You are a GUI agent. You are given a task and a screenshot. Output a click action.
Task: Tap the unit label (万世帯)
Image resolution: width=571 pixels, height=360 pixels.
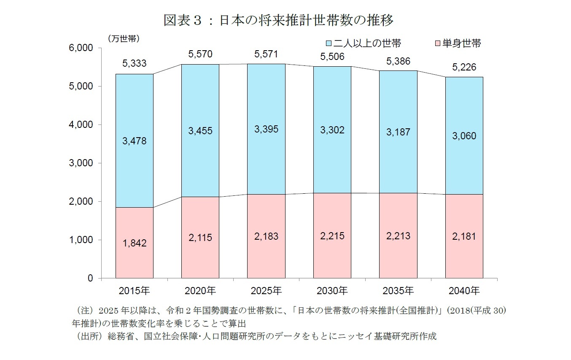pos(124,38)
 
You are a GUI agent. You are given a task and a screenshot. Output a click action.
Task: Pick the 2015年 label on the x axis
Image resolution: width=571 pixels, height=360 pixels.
pos(135,291)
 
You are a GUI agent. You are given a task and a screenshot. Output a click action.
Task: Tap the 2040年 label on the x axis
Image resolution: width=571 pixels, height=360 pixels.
pos(464,291)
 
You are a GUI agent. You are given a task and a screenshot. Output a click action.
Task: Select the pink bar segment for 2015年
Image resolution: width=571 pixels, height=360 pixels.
pos(135,262)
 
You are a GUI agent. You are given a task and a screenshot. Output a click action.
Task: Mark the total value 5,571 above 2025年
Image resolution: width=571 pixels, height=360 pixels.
pos(266,54)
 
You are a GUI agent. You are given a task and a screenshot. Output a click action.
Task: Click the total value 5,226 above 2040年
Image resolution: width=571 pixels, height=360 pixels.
pos(464,67)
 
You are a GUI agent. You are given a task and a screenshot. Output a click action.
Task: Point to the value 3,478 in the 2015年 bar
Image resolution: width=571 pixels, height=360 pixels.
pos(135,141)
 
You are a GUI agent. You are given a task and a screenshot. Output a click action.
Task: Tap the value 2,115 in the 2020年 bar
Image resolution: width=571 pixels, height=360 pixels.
pos(200,238)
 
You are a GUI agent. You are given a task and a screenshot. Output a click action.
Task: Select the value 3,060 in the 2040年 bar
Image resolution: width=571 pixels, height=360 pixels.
pos(464,136)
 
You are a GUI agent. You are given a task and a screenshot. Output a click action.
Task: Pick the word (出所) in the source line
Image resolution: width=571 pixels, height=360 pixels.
pos(86,336)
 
